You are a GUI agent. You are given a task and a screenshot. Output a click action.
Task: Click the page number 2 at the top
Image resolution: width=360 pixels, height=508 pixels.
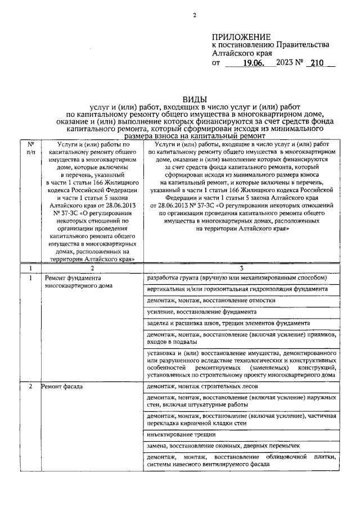pyautogui.click(x=193, y=16)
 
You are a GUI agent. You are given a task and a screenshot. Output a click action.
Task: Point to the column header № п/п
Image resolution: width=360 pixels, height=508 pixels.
pyautogui.click(x=30, y=148)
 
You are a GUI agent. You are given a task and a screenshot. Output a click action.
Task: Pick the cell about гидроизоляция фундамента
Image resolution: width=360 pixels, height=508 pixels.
pyautogui.click(x=236, y=289)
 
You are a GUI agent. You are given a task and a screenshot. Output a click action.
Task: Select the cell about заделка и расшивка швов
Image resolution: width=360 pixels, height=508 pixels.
pyautogui.click(x=227, y=323)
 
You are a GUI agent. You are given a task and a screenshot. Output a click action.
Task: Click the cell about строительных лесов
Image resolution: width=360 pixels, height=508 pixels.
pyautogui.click(x=195, y=388)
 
